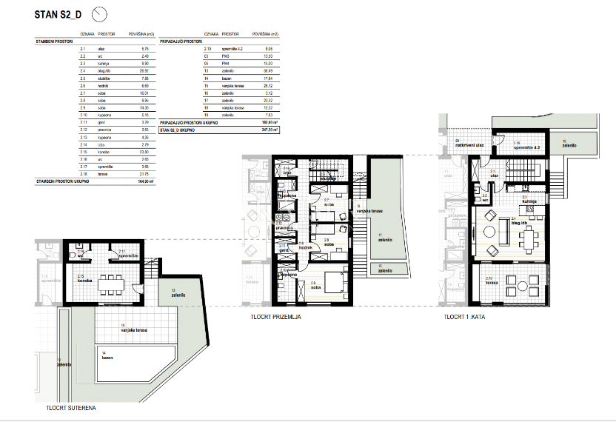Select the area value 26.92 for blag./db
(145, 71)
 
